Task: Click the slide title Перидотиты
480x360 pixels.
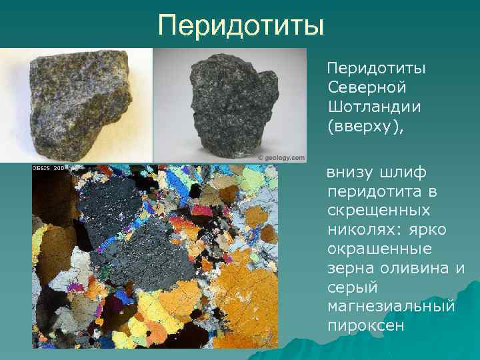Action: [241, 26]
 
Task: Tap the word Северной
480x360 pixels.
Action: [367, 88]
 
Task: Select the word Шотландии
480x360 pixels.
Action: [377, 107]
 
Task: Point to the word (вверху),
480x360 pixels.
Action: [366, 127]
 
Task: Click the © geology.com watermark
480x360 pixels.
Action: [281, 158]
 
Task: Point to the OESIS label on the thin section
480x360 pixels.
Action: [43, 168]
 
